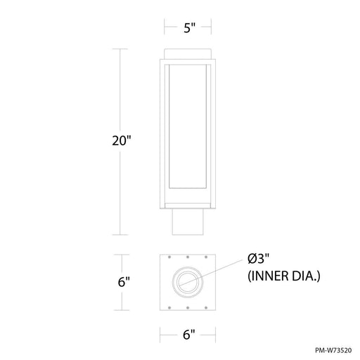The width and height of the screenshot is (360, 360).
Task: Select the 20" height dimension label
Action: tap(123, 140)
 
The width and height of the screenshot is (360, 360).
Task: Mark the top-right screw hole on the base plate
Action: tap(205, 259)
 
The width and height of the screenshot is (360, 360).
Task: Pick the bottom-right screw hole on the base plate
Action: tap(205, 307)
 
